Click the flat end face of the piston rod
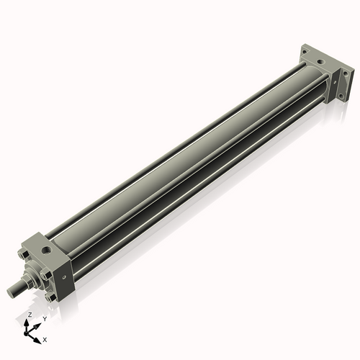point(10,292)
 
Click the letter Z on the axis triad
point(30,315)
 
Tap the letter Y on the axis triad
point(45,318)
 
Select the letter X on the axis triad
point(45,338)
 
